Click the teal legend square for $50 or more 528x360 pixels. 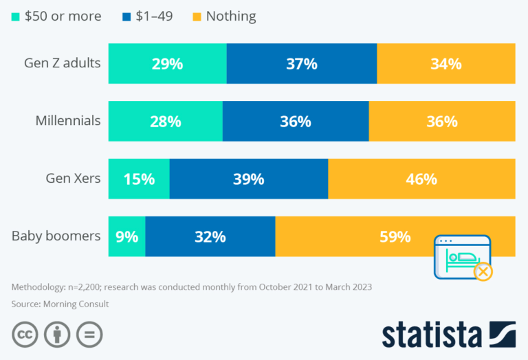[16, 16]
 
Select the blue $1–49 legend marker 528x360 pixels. [126, 16]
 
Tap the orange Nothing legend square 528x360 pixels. [197, 16]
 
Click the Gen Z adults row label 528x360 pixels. [63, 63]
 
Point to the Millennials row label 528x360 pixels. [68, 120]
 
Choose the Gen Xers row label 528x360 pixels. [73, 179]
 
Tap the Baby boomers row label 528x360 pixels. [56, 236]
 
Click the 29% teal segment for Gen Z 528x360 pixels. [167, 63]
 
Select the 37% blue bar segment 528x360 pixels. [302, 63]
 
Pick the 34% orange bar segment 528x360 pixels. [446, 63]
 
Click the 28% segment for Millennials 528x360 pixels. [165, 121]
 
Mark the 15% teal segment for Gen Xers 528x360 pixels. [139, 179]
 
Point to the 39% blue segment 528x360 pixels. [249, 179]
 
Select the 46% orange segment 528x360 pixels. [421, 179]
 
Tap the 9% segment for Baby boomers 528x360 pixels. [127, 236]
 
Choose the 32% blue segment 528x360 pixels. [210, 236]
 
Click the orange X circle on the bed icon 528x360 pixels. [483, 271]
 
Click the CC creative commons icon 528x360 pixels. [25, 335]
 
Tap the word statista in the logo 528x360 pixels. [432, 335]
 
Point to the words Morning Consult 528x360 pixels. [76, 304]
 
